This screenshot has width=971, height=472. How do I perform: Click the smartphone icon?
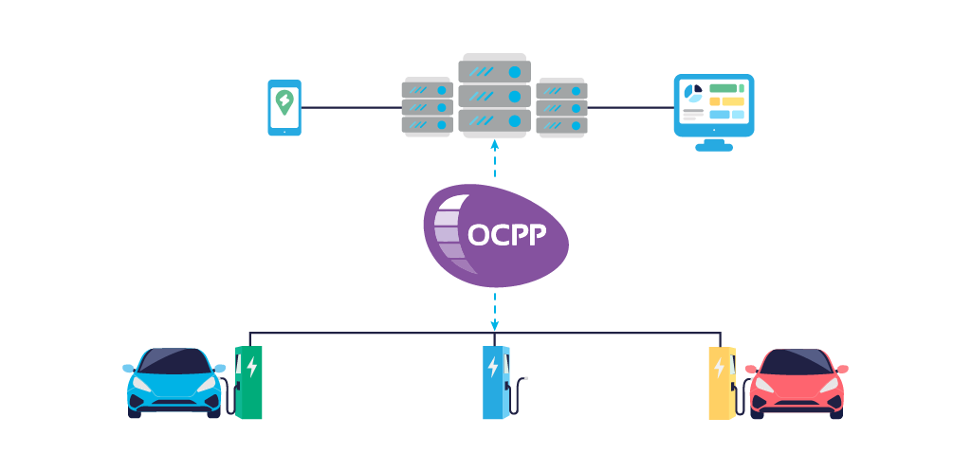[284, 107]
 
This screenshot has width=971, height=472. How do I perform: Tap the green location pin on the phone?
[284, 101]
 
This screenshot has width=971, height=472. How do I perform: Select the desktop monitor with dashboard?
[713, 106]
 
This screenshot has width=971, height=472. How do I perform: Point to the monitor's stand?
[713, 144]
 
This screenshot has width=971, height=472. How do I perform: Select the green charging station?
[248, 382]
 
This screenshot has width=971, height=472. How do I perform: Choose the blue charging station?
[494, 382]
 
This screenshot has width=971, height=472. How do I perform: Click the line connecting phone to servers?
[351, 107]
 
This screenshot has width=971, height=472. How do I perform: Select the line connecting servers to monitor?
[630, 107]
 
